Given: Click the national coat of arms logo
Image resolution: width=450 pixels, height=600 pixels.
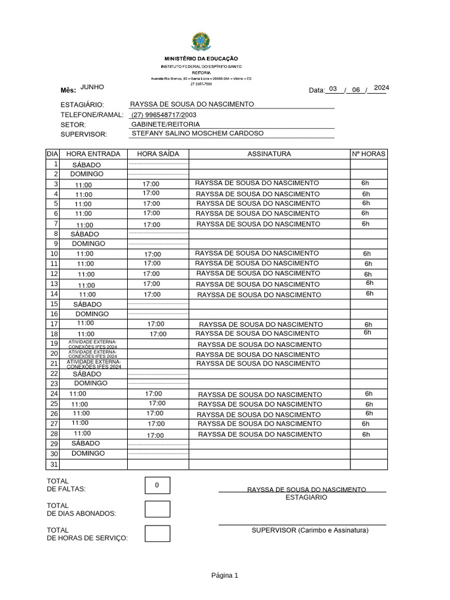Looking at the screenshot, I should click(200, 42).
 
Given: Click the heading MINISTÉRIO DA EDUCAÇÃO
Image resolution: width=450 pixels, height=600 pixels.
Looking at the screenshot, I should click(200, 59).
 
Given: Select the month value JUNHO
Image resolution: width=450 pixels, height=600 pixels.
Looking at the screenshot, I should click(92, 87).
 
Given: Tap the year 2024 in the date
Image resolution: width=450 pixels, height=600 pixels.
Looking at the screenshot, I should click(381, 88).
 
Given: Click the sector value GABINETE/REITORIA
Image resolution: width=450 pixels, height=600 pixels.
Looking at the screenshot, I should click(166, 124).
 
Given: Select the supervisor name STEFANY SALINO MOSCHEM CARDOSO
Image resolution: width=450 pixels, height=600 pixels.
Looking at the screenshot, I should click(198, 134).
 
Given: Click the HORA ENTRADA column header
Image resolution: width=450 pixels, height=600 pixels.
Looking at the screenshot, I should click(94, 154).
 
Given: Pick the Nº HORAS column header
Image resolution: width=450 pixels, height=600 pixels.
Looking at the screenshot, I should click(369, 154).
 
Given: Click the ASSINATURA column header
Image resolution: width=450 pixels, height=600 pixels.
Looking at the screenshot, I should click(269, 154).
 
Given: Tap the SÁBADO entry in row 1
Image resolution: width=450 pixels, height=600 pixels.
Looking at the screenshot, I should click(86, 165).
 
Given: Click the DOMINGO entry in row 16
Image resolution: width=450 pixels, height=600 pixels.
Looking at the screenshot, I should click(92, 314).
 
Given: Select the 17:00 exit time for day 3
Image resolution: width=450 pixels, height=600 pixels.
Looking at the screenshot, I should click(151, 184).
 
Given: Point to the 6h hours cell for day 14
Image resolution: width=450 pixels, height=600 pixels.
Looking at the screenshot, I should click(370, 294).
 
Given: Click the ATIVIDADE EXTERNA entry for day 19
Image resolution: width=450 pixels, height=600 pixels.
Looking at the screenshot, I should click(93, 344).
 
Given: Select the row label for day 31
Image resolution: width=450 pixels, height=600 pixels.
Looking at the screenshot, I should click(54, 464).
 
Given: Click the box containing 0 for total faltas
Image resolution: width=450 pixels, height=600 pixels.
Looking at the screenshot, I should click(157, 485).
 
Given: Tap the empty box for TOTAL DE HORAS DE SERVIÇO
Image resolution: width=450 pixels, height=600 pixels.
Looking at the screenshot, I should click(157, 533).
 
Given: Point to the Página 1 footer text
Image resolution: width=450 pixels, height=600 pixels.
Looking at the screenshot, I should click(224, 575).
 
